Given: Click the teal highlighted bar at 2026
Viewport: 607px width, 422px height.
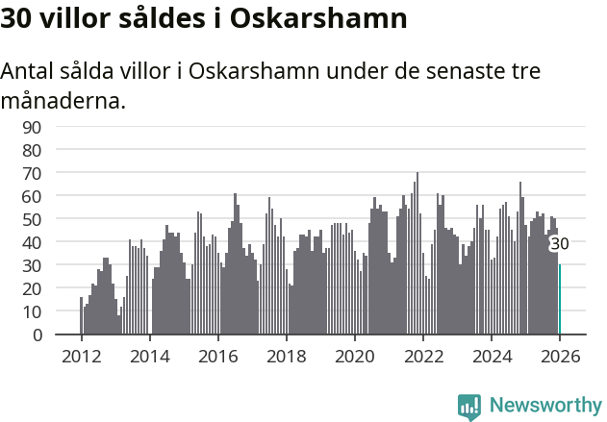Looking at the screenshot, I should (x=560, y=300).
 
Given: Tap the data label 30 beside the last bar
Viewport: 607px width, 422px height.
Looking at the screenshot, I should (x=559, y=244).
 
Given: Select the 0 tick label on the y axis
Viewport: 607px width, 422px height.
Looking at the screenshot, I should (x=37, y=335).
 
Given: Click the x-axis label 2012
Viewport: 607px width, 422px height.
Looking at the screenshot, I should (x=81, y=356).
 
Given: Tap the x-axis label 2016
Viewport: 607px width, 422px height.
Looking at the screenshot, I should (x=217, y=356).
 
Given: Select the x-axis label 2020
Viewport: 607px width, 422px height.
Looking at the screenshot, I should (x=354, y=356).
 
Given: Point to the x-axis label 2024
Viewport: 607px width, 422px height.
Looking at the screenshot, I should (x=492, y=356).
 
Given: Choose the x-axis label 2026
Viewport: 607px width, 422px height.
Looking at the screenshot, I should (x=560, y=356).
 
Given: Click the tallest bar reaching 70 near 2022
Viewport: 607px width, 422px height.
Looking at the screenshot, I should (x=417, y=255).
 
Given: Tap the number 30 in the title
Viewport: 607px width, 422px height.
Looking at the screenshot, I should (x=18, y=18).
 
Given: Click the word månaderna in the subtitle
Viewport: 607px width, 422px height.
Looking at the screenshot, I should (x=63, y=100).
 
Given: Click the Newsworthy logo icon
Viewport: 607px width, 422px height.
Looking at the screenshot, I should (x=469, y=407).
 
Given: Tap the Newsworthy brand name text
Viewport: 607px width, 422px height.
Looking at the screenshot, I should (x=544, y=406).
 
